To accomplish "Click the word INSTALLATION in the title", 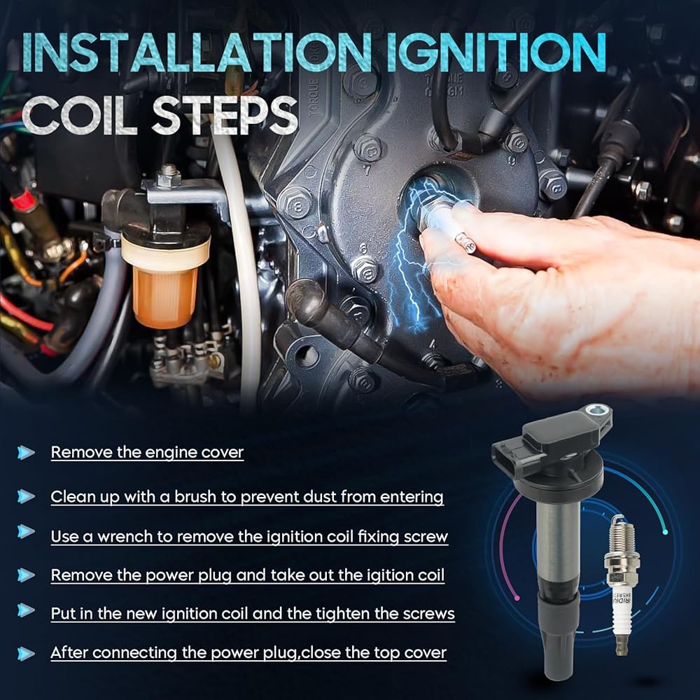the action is [x=196, y=52].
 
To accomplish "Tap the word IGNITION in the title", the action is [x=496, y=52].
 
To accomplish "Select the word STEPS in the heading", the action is [x=225, y=115].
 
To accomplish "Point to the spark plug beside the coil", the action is [x=621, y=584].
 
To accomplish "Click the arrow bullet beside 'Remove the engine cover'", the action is [x=25, y=452].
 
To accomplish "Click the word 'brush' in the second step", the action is [x=195, y=496].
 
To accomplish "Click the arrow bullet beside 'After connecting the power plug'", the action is [x=25, y=654].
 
